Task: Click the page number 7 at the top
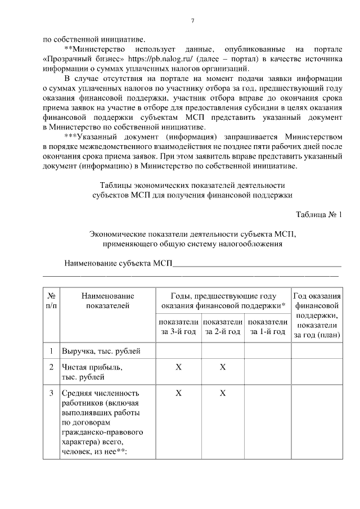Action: pos(192,21)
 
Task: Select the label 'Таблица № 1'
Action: pos(318,214)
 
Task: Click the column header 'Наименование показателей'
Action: pos(107,300)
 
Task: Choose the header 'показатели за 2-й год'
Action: pos(222,327)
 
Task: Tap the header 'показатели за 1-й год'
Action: pos(267,327)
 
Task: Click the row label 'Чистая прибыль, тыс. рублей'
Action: pos(92,372)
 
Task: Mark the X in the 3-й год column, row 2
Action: pos(178,367)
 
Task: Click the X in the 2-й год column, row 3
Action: pos(223,393)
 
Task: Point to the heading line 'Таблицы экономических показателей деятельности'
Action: pos(192,185)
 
